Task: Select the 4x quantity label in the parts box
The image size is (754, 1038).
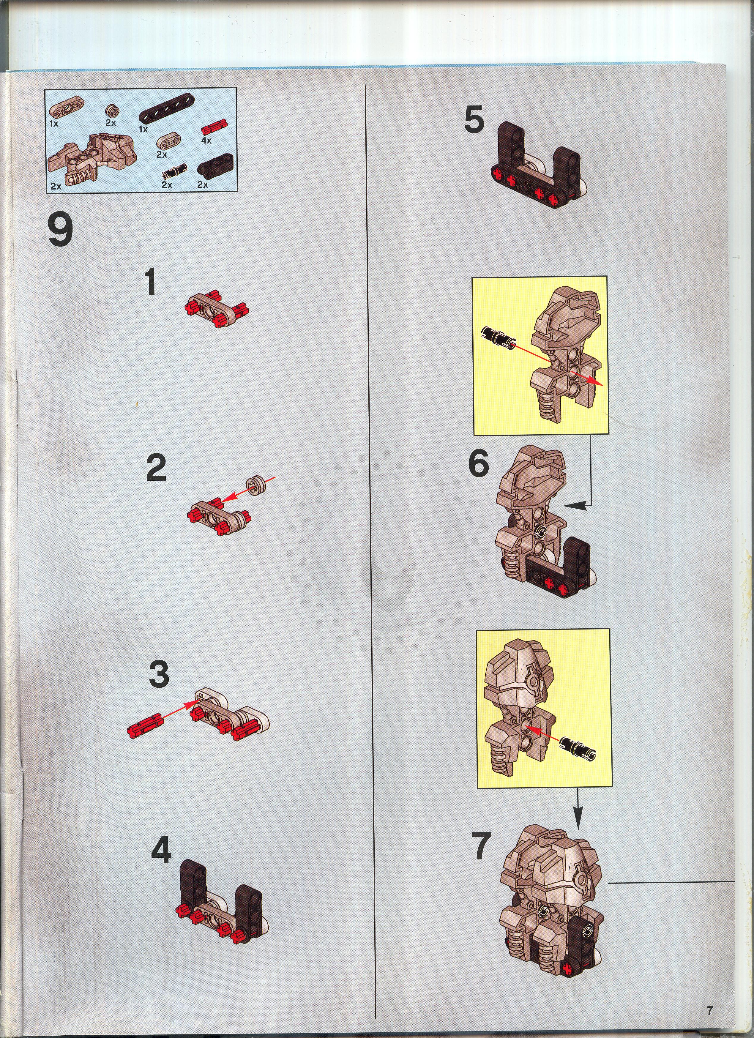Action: (x=206, y=141)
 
